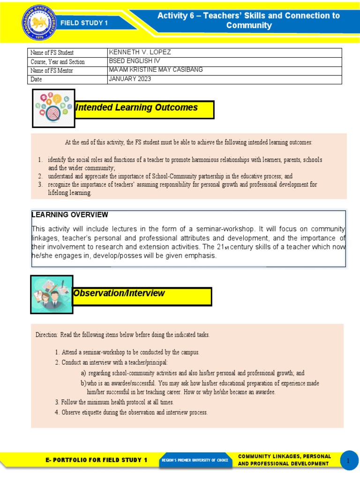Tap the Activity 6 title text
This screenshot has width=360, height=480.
[248, 21]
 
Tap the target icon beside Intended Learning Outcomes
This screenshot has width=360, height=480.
[53, 108]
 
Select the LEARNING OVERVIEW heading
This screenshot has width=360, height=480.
[70, 215]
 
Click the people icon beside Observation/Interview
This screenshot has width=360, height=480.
[51, 294]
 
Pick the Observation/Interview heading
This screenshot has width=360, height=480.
[119, 293]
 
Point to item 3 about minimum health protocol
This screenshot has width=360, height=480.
[114, 402]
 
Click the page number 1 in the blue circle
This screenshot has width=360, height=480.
[348, 461]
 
